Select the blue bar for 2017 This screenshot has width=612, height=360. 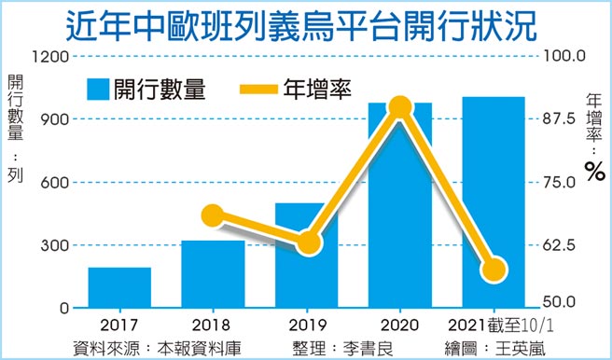119,288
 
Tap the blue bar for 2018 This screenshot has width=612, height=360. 213,275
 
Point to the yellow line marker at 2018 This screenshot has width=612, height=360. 213,217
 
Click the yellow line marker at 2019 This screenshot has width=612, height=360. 309,244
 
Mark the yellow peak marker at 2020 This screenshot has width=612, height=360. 400,108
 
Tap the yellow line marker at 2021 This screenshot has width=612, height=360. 494,270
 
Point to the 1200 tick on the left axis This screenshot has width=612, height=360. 51,56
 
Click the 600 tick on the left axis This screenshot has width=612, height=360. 55,182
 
